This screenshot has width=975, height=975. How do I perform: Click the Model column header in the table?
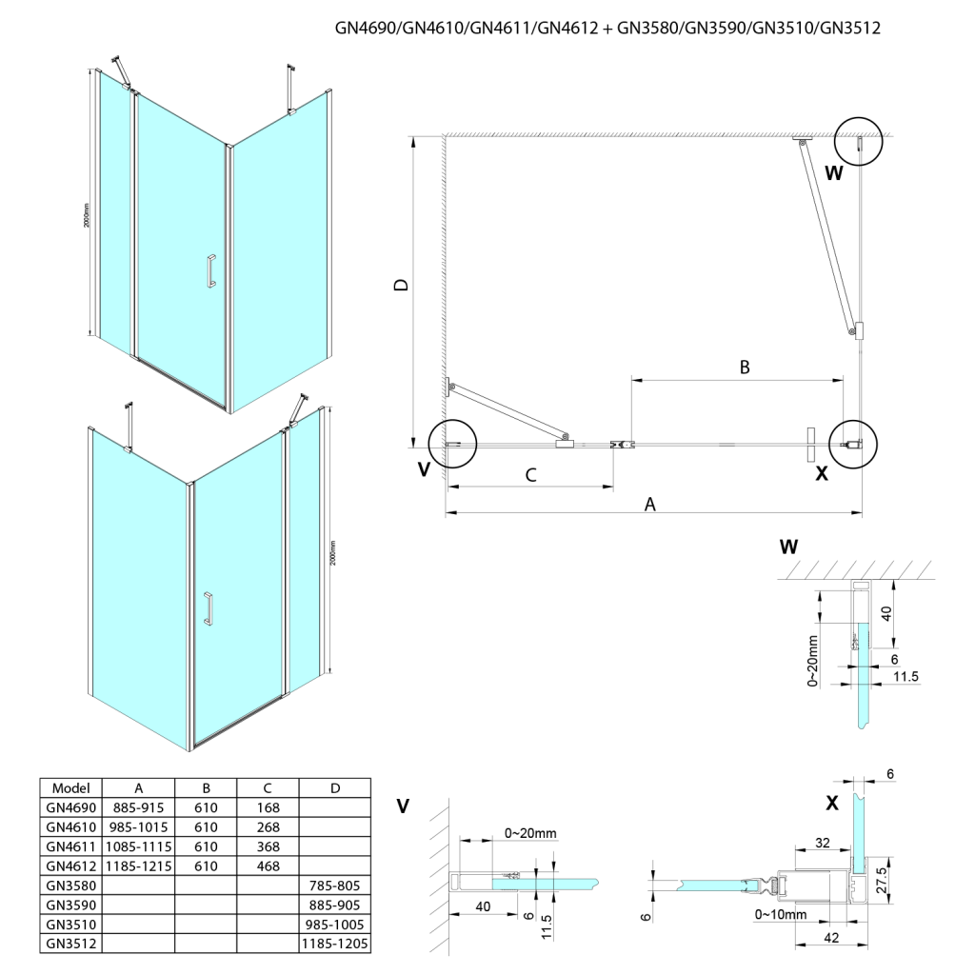[x=71, y=787]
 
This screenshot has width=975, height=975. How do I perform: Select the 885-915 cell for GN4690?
[x=139, y=806]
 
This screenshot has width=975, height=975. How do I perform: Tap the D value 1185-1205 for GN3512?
[x=334, y=944]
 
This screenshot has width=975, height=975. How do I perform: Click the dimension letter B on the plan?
[x=746, y=367]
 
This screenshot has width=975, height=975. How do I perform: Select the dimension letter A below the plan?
[x=650, y=505]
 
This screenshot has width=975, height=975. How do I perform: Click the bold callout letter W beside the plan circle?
[x=834, y=173]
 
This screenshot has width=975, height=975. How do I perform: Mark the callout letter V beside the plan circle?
[x=424, y=470]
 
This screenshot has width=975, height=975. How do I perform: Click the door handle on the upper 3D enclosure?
[x=210, y=270]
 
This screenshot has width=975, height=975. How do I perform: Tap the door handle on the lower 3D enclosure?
[x=208, y=608]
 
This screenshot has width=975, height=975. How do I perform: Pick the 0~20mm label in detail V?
[x=530, y=833]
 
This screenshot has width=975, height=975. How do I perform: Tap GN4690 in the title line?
[x=367, y=29]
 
